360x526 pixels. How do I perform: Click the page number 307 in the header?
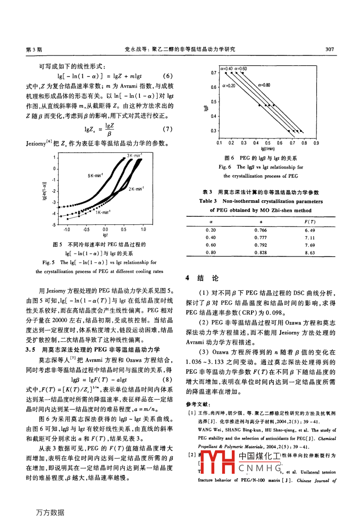(x=329, y=49)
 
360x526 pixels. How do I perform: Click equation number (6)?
(x=168, y=76)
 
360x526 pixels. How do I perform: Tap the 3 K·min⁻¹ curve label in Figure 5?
(x=135, y=155)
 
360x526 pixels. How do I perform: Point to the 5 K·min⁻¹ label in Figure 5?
(x=95, y=175)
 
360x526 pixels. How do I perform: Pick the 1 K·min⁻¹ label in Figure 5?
(x=102, y=212)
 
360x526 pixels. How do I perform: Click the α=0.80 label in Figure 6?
(x=264, y=85)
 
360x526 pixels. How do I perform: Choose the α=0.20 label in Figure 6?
(x=229, y=86)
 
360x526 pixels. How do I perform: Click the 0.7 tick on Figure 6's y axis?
(x=214, y=73)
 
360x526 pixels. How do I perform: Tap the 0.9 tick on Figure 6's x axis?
(x=316, y=143)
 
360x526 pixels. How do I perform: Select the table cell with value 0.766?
(x=260, y=230)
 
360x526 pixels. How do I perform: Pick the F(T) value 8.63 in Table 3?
(x=309, y=253)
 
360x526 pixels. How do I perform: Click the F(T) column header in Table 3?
(x=309, y=222)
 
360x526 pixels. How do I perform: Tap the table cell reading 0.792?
(x=260, y=245)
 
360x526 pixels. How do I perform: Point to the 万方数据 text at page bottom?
(x=50, y=512)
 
